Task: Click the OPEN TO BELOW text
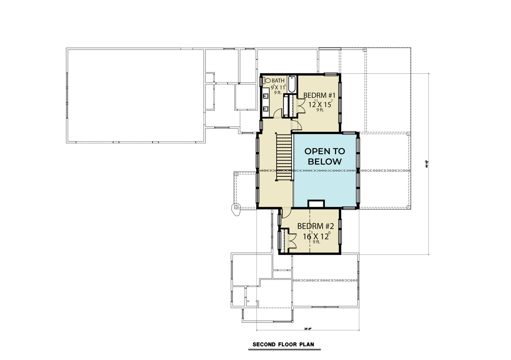click(x=325, y=156)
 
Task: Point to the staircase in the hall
click(x=284, y=158)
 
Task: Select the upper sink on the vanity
click(x=265, y=96)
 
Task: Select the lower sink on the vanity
click(x=265, y=108)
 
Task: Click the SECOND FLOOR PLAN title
click(x=284, y=344)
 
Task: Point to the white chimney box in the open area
click(x=317, y=204)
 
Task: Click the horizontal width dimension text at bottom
click(x=307, y=329)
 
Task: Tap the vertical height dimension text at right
click(x=427, y=163)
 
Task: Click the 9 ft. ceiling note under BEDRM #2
click(x=317, y=242)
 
